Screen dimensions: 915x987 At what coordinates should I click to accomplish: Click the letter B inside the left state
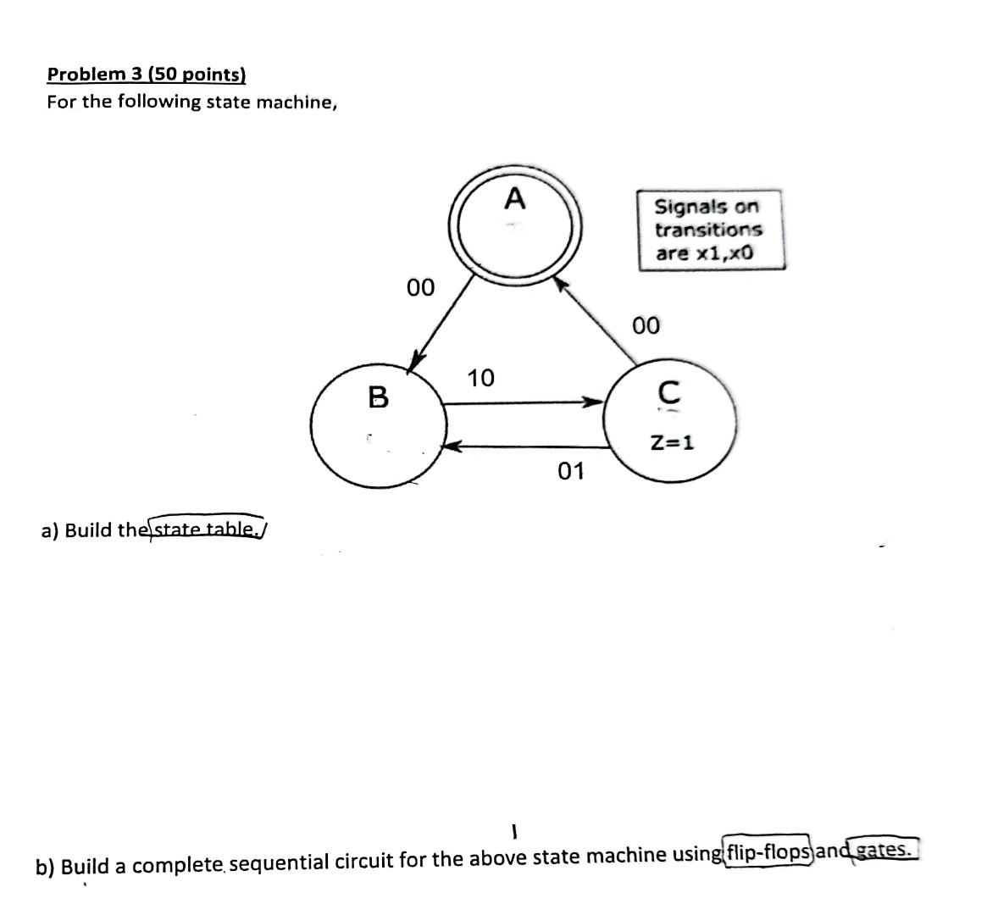(x=378, y=396)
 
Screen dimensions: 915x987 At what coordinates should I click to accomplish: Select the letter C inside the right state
(x=668, y=391)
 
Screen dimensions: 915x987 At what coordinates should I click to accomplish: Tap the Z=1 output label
(x=672, y=441)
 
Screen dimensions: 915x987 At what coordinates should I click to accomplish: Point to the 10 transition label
(x=480, y=377)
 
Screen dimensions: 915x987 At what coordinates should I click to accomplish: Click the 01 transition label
(x=571, y=471)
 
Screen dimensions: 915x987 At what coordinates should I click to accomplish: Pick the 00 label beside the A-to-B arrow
(x=420, y=288)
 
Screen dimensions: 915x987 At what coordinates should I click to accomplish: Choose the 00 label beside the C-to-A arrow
(x=646, y=325)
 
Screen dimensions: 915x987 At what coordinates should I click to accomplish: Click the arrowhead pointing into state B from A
(x=415, y=361)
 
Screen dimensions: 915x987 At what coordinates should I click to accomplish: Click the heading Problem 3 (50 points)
(x=147, y=74)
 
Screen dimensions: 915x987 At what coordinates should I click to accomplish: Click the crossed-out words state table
(x=208, y=530)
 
